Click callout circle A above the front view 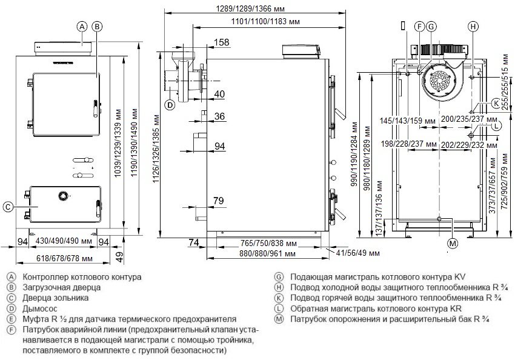81,26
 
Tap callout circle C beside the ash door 7,207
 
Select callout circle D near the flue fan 170,105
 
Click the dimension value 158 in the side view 222,42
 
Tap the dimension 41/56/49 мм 357,253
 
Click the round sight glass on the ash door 62,196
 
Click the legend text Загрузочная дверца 58,287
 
